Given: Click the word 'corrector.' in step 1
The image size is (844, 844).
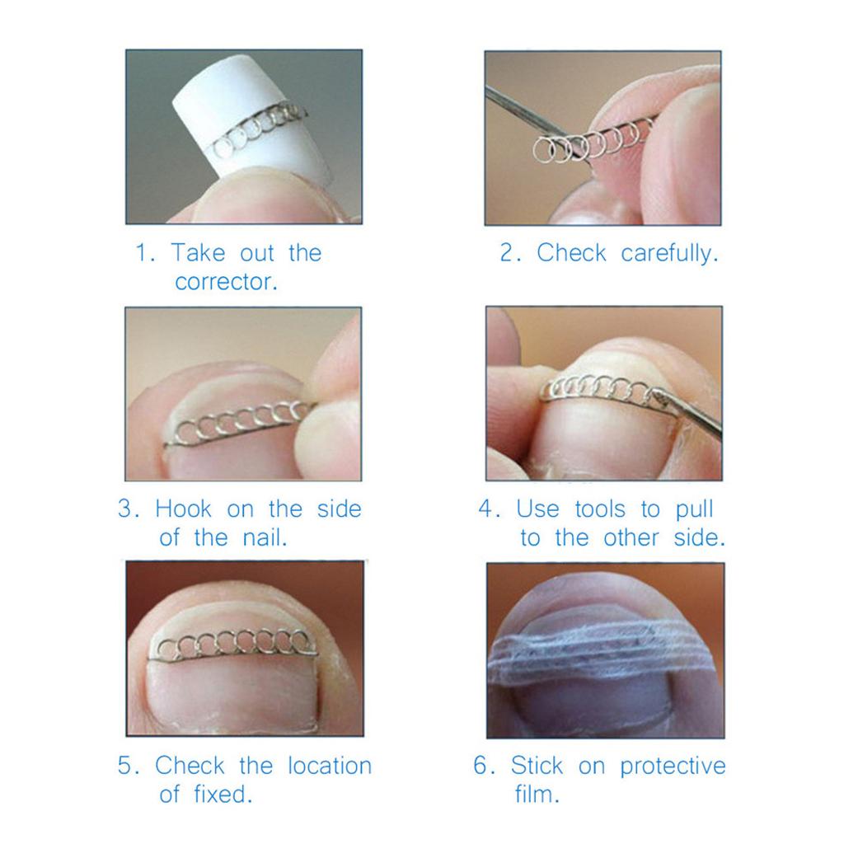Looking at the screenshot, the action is tap(226, 282).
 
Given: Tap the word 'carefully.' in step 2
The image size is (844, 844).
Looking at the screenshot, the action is tap(669, 254).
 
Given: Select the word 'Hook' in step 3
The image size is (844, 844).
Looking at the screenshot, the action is tap(184, 509).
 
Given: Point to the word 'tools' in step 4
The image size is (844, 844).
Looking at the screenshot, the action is tap(600, 509).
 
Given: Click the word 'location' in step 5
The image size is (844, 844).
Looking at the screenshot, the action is tap(330, 766).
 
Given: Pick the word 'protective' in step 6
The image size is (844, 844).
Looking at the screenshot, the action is tap(673, 767).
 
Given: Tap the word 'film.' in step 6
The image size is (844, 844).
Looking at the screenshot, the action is tap(537, 794).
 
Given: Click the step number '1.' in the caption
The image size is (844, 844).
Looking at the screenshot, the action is tap(145, 253).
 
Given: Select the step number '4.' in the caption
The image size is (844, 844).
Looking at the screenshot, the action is tap(490, 509).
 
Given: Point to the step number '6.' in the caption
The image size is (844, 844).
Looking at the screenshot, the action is tap(484, 766).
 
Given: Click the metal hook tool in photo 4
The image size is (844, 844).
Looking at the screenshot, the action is tap(689, 412).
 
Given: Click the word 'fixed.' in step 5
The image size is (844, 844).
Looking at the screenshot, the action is tap(223, 794).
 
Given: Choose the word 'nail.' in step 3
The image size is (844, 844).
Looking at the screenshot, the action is tap(265, 537).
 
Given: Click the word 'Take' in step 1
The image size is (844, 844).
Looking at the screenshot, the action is tap(198, 253).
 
